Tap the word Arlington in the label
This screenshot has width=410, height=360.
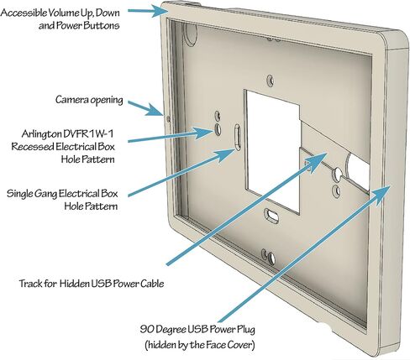tap(42, 133)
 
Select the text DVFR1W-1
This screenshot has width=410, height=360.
tap(89, 133)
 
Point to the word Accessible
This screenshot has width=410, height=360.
tap(23, 13)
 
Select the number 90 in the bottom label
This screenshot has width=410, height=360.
tap(147, 329)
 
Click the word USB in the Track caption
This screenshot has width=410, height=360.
tap(101, 284)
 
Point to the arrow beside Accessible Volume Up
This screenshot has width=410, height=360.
tap(145, 11)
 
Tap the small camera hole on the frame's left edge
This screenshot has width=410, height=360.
tap(168, 119)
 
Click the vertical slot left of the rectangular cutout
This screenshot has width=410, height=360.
tap(237, 137)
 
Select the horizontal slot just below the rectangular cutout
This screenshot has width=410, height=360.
tap(271, 215)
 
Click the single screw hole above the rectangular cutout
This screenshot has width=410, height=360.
tap(270, 81)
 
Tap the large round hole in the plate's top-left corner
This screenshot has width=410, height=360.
tap(191, 34)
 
